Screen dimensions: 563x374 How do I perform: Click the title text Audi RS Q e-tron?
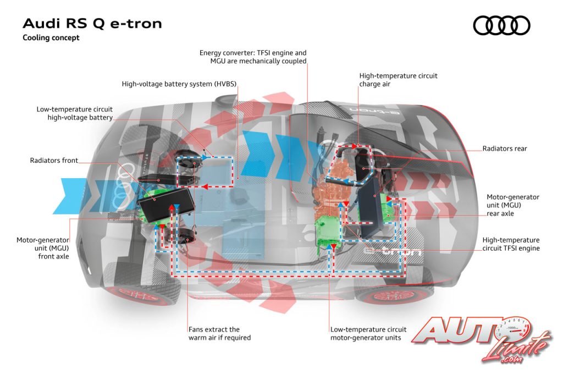[x=92, y=23]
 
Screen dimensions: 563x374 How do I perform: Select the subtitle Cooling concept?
[x=51, y=38]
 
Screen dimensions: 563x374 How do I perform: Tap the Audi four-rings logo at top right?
[x=501, y=25]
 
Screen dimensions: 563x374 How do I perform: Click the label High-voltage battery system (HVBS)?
[x=179, y=84]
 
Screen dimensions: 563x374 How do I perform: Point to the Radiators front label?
[x=54, y=161]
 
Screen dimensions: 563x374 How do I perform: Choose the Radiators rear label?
[x=505, y=148]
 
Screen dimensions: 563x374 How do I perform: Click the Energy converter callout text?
[x=253, y=57]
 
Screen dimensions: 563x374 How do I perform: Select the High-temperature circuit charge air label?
[x=398, y=80]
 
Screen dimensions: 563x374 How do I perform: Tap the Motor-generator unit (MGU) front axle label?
[x=43, y=248]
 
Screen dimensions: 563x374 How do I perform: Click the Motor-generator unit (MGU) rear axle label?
[x=513, y=205]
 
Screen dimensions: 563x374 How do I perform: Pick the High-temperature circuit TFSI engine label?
[x=511, y=244]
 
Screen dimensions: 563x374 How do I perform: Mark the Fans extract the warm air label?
[x=219, y=333]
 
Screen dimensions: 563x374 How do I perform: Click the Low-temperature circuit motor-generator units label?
[x=368, y=333]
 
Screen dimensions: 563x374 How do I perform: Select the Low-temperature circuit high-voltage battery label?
[x=75, y=113]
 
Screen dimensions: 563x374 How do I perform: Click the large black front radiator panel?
[x=166, y=205]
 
